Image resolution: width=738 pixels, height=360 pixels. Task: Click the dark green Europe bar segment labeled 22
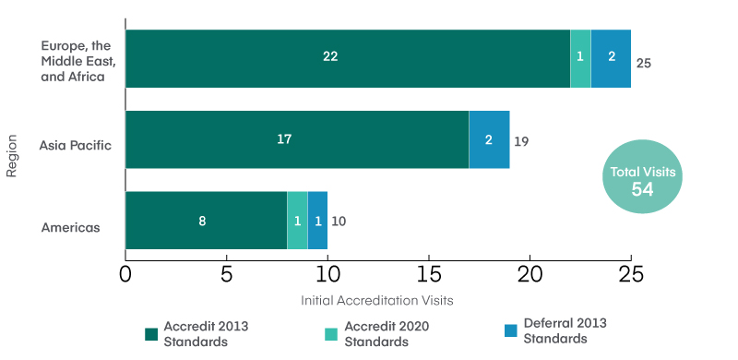click(x=348, y=58)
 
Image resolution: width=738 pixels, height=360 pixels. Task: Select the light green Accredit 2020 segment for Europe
click(x=580, y=58)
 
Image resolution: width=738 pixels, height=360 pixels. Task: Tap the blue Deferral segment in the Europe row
click(x=611, y=58)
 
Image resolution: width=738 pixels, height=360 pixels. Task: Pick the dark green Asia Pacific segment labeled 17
click(x=297, y=139)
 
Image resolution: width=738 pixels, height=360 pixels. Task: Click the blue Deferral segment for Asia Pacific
click(x=489, y=139)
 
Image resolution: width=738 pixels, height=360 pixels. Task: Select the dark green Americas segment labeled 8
click(x=206, y=221)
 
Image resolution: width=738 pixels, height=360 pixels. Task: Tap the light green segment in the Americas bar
click(x=297, y=221)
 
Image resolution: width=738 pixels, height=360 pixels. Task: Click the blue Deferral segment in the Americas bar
click(x=317, y=221)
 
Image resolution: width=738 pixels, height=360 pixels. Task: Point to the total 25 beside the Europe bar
click(x=644, y=65)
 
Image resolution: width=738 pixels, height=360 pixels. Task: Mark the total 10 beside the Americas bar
click(x=339, y=222)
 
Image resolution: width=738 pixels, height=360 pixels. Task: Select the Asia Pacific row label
click(x=76, y=145)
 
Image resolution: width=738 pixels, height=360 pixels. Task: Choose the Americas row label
click(x=70, y=226)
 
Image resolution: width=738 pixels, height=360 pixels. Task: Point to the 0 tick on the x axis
click(x=125, y=274)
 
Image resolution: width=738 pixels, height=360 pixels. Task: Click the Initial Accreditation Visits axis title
click(x=377, y=301)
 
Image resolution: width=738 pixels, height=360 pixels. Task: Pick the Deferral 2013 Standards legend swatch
click(x=510, y=330)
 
